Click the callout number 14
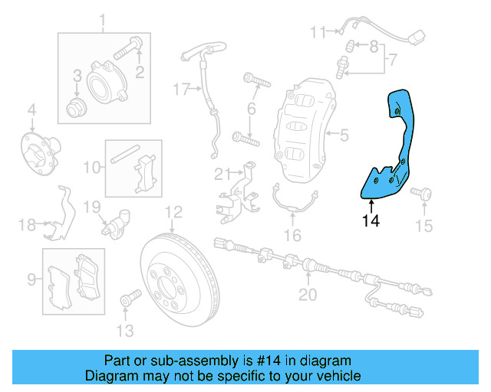[371, 221]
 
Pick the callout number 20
[307, 294]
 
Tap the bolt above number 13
[127, 296]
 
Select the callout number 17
[180, 90]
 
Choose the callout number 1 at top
[104, 18]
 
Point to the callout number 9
[31, 279]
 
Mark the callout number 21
[222, 172]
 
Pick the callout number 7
[392, 59]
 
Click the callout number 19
[91, 206]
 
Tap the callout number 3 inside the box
[77, 75]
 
